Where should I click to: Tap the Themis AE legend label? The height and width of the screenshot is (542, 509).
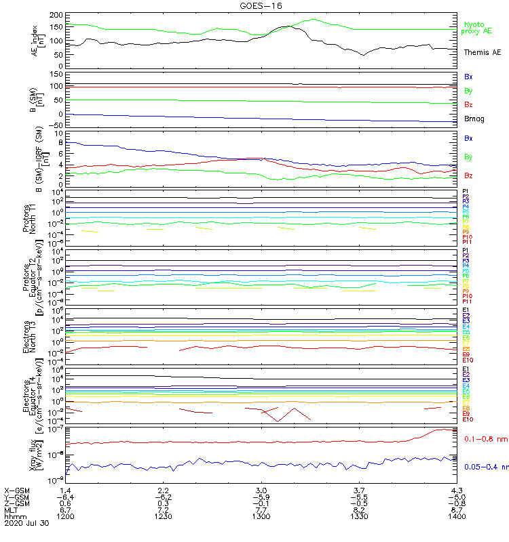click(482, 52)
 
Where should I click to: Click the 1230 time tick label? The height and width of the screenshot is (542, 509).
click(163, 516)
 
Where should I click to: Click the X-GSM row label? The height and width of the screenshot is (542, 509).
click(17, 489)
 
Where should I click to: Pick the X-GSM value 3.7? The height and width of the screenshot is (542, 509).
click(359, 489)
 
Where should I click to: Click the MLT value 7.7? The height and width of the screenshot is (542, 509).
click(261, 509)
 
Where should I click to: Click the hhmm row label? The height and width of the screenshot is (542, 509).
click(14, 516)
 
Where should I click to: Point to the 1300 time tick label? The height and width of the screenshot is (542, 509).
click(261, 516)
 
